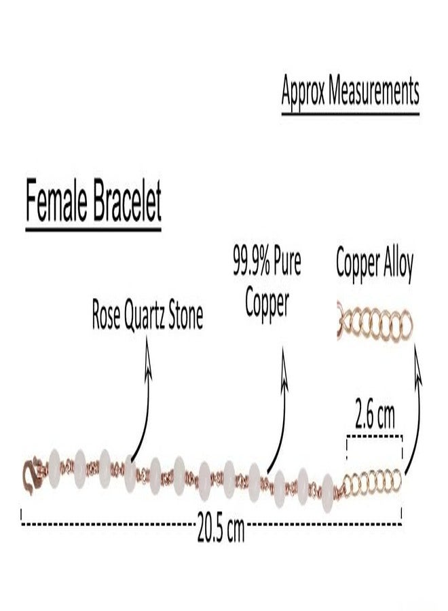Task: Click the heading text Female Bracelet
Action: [x=94, y=201]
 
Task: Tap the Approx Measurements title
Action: [x=350, y=91]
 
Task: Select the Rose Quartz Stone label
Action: [x=147, y=316]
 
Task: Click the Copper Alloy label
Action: [x=375, y=264]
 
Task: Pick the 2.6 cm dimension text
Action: [x=375, y=415]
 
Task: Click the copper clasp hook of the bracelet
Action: [x=33, y=475]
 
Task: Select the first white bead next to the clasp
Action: [x=54, y=468]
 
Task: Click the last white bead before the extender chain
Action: [x=328, y=493]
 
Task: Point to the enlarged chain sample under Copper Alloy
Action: [x=375, y=323]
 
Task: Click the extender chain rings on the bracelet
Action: [x=372, y=481]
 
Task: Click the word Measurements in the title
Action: [x=373, y=91]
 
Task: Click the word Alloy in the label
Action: [x=398, y=264]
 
